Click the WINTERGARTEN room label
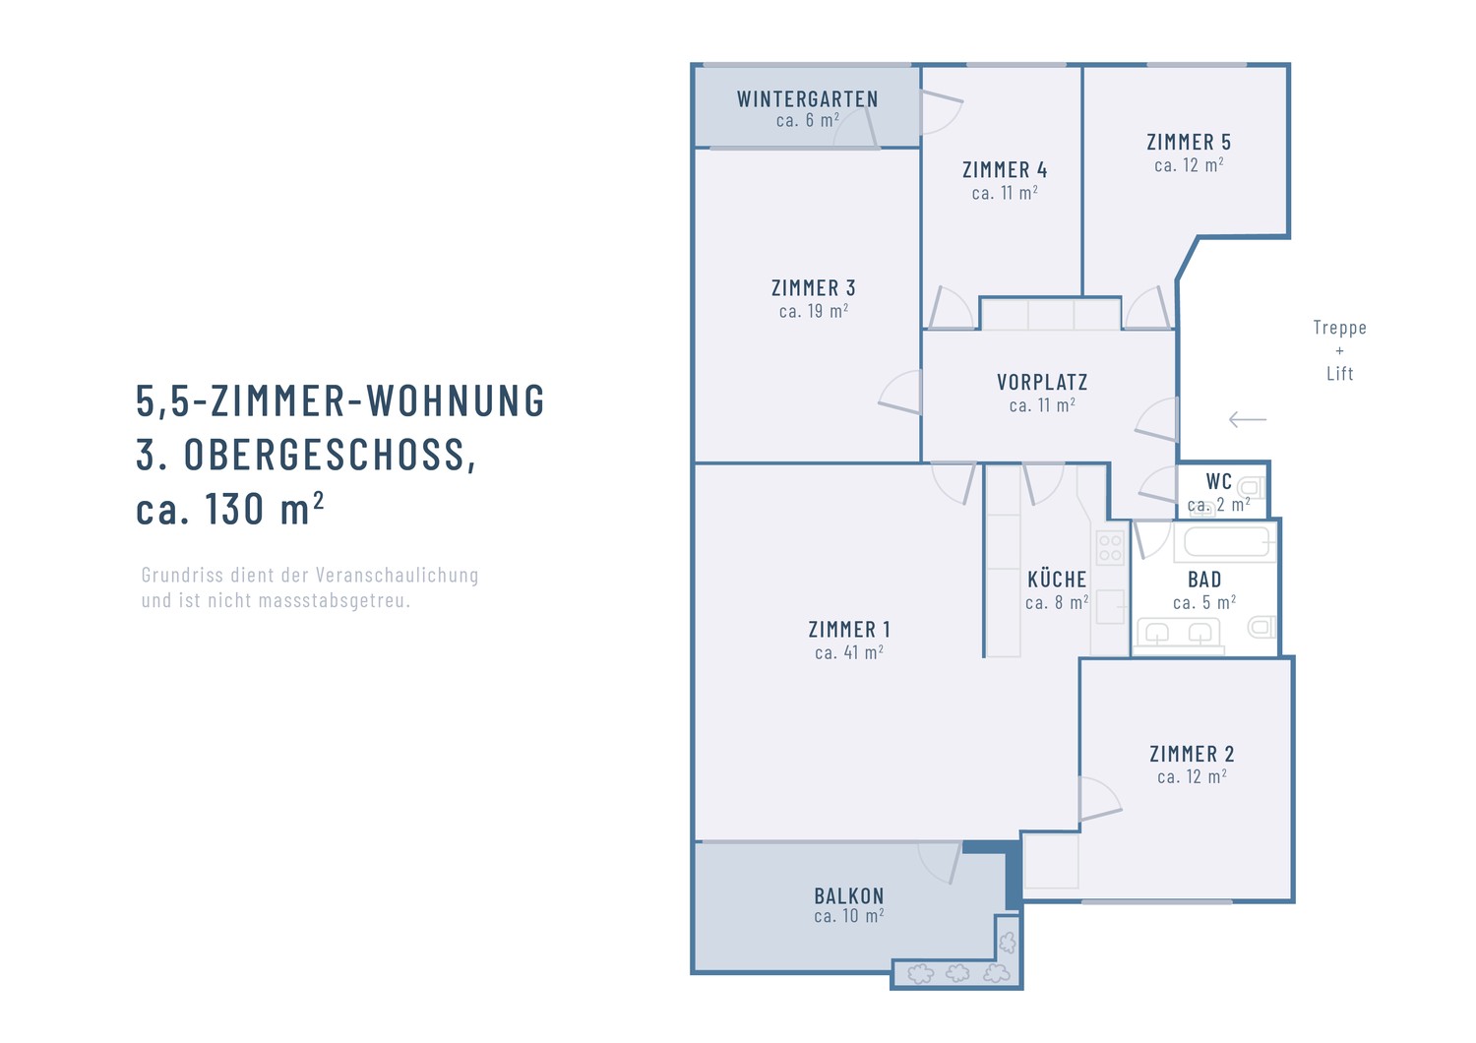pos(807,99)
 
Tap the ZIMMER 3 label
pos(813,288)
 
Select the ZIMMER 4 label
pos(1005,170)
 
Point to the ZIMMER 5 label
pos(1188,143)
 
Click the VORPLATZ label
pos(1042,382)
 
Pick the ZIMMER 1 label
pos(848,630)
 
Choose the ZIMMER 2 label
pos(1192,754)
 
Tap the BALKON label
pos(848,896)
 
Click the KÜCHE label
pos(1057,579)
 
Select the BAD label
pos(1204,580)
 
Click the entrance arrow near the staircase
pos(1248,420)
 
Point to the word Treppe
pos(1339,328)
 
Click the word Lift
pos(1339,374)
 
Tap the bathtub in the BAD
pos(1226,543)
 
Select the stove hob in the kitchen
pos(1110,548)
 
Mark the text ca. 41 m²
pos(848,652)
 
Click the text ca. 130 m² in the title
pos(229,509)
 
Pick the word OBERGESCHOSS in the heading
pos(329,455)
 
